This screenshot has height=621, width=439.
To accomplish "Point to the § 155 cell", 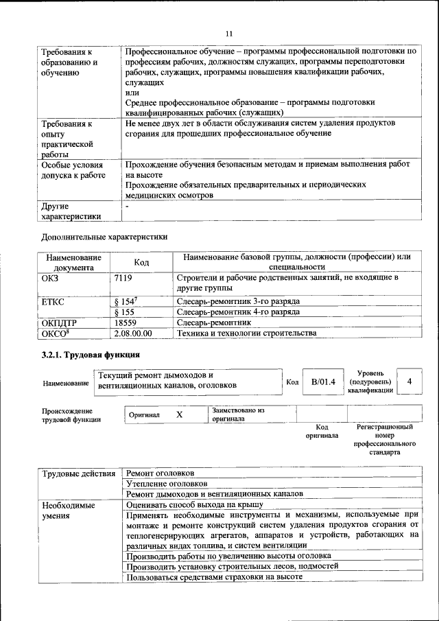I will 123,311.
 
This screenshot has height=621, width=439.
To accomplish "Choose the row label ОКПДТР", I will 60,322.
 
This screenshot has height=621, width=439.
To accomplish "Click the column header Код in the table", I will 141,262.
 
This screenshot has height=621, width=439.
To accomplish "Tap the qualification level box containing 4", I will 410,381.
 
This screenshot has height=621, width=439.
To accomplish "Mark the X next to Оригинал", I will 180,415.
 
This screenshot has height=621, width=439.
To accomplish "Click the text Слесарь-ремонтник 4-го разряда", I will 238,311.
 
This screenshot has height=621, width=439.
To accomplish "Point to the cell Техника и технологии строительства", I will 246,333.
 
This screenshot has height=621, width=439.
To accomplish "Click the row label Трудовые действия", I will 78,473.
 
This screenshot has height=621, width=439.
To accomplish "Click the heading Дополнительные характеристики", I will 104,237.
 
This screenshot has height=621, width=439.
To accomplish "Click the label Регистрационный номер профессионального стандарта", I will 385,439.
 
